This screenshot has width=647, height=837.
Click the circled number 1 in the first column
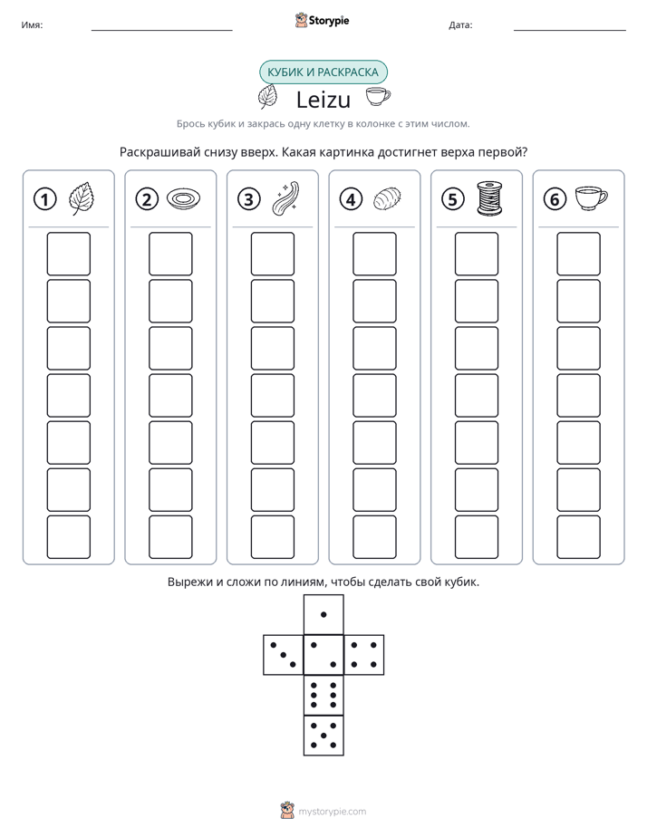coord(44,199)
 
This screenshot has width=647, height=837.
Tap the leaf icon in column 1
coord(82,198)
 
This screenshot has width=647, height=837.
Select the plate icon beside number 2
coord(184,198)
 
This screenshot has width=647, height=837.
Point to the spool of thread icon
coord(489,198)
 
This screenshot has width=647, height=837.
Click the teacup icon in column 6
coord(591,197)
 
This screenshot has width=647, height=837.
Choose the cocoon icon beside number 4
coord(387,199)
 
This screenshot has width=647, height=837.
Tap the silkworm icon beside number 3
coord(285,198)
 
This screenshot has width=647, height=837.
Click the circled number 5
coord(453,199)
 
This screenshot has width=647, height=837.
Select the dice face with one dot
coord(323,615)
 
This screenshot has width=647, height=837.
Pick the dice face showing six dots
coord(323,695)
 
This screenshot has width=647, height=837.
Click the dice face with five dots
coord(323,735)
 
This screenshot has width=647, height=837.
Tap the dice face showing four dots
coord(364,655)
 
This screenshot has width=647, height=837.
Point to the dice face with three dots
coord(284,655)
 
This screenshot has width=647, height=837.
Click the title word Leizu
coord(323,100)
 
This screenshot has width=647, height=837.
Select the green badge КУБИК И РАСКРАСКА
coord(323,72)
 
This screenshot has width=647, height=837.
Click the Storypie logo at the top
coord(323,20)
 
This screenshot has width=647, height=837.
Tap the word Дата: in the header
coord(460,25)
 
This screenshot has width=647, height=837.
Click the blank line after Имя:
coord(161,31)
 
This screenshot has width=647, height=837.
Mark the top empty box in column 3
coord(272,254)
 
